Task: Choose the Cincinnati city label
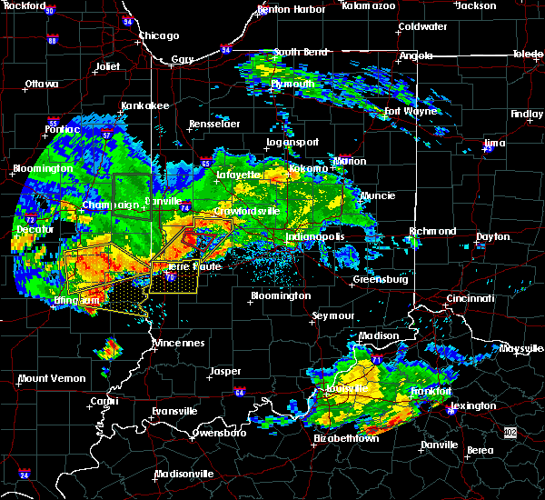(471, 298)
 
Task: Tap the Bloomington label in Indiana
(282, 295)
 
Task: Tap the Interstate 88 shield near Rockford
(53, 41)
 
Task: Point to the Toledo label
(527, 55)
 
